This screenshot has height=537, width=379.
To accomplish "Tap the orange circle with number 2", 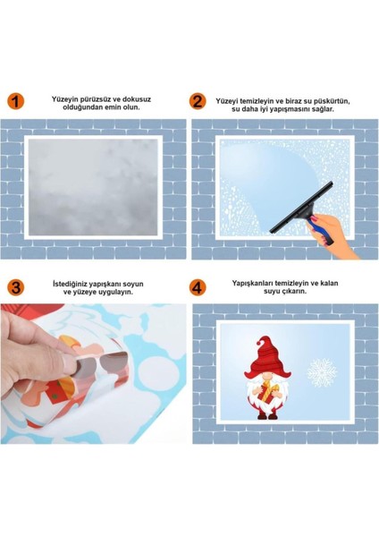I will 198,101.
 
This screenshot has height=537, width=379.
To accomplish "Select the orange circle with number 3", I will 16,286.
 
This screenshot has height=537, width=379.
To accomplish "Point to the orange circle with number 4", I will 198,286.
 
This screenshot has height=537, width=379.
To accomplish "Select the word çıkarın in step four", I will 291,291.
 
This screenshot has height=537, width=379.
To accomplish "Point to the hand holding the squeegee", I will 345,234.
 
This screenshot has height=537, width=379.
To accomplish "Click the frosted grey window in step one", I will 94,187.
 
